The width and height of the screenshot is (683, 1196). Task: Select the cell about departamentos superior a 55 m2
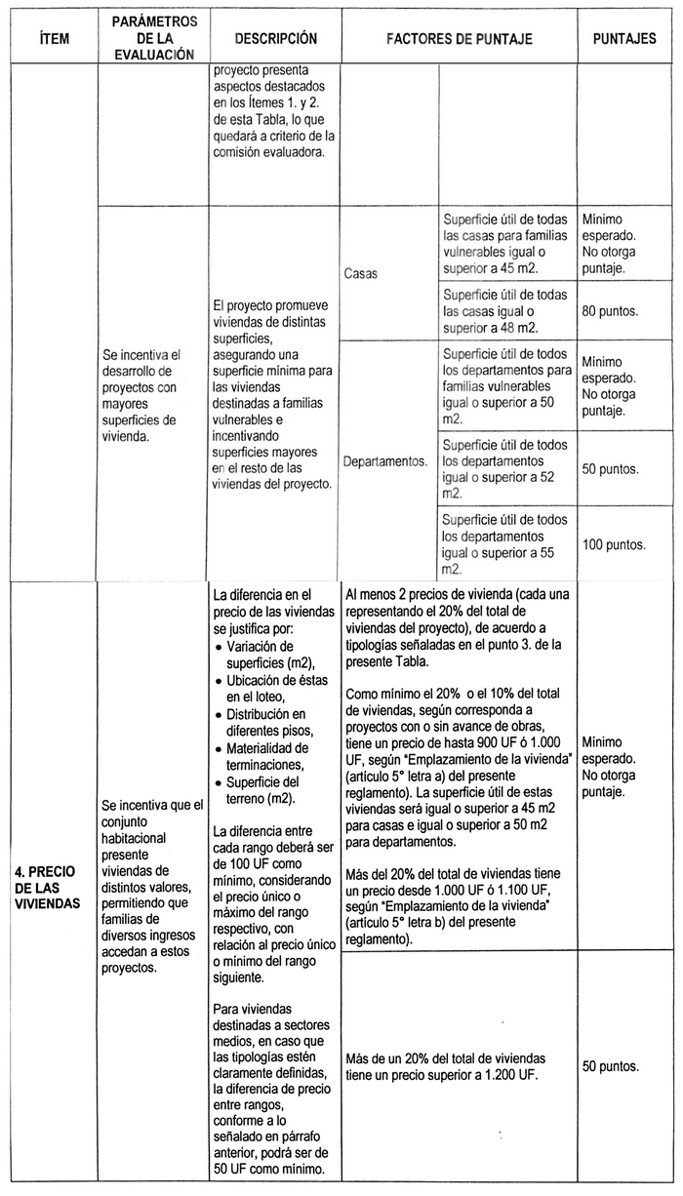click(505, 542)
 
